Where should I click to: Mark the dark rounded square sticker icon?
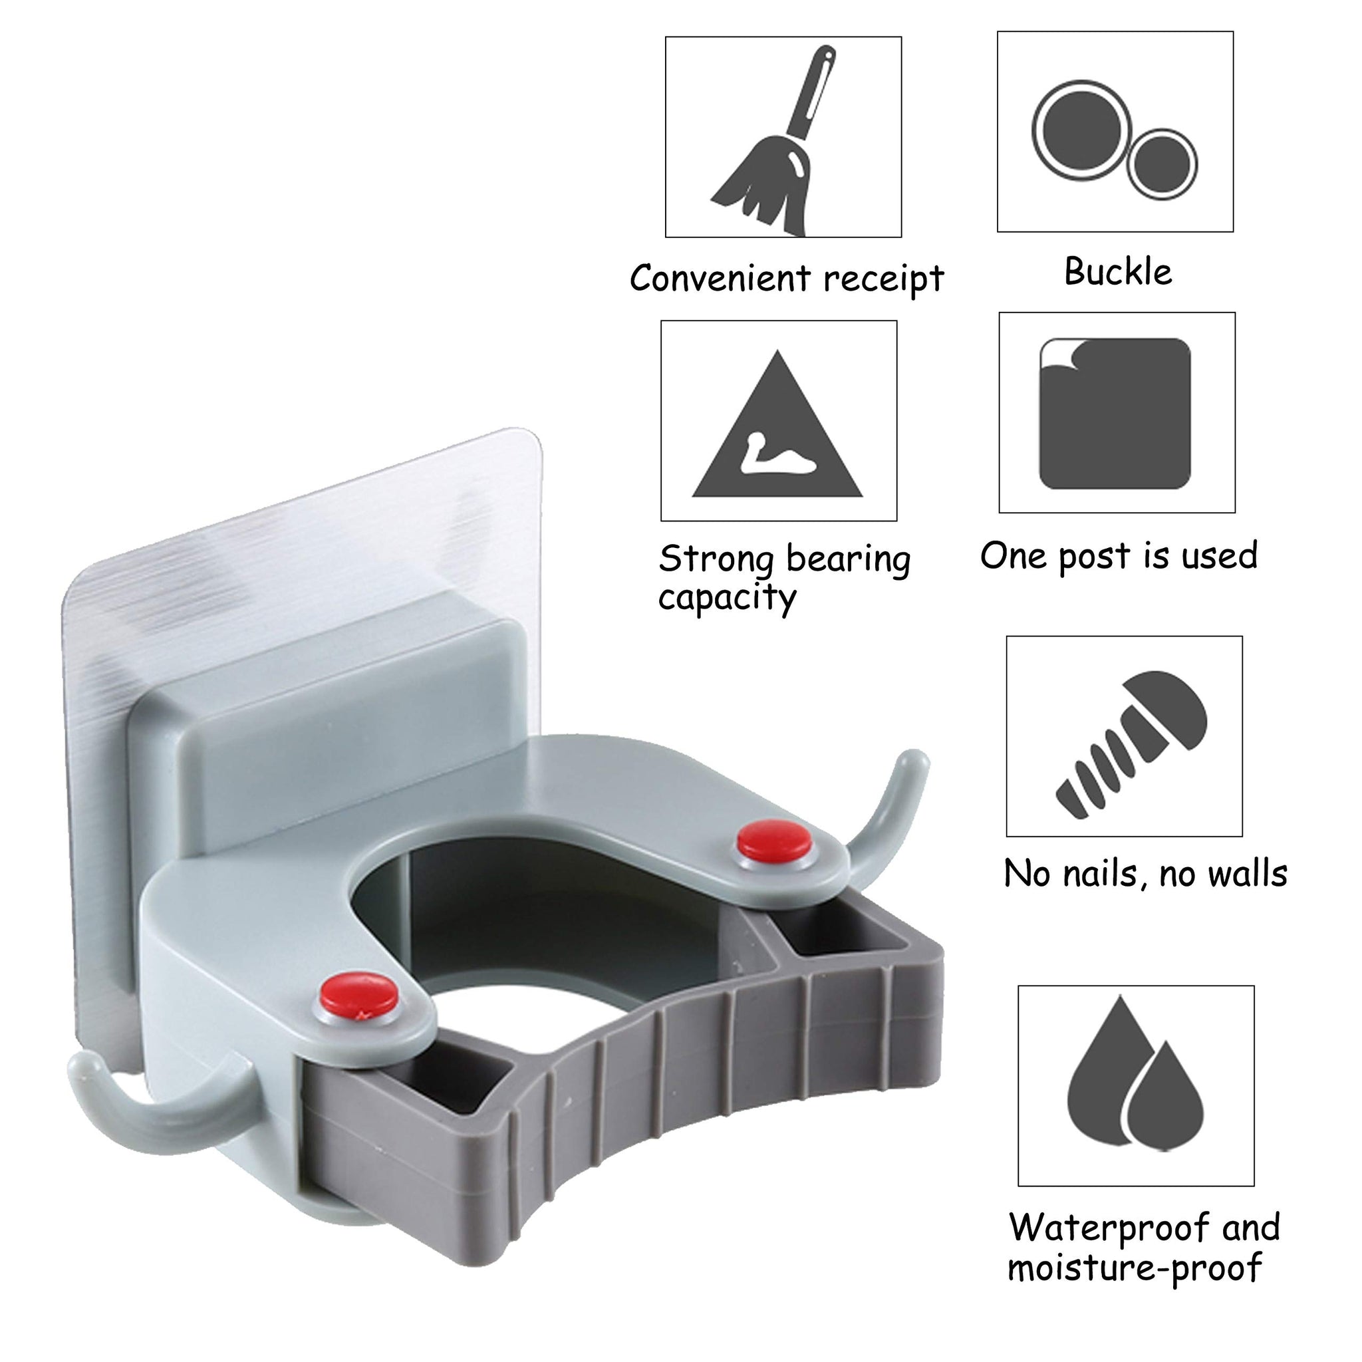(x=1115, y=413)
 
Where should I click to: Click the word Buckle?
(x=1118, y=271)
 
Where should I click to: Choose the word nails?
(x=1097, y=873)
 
